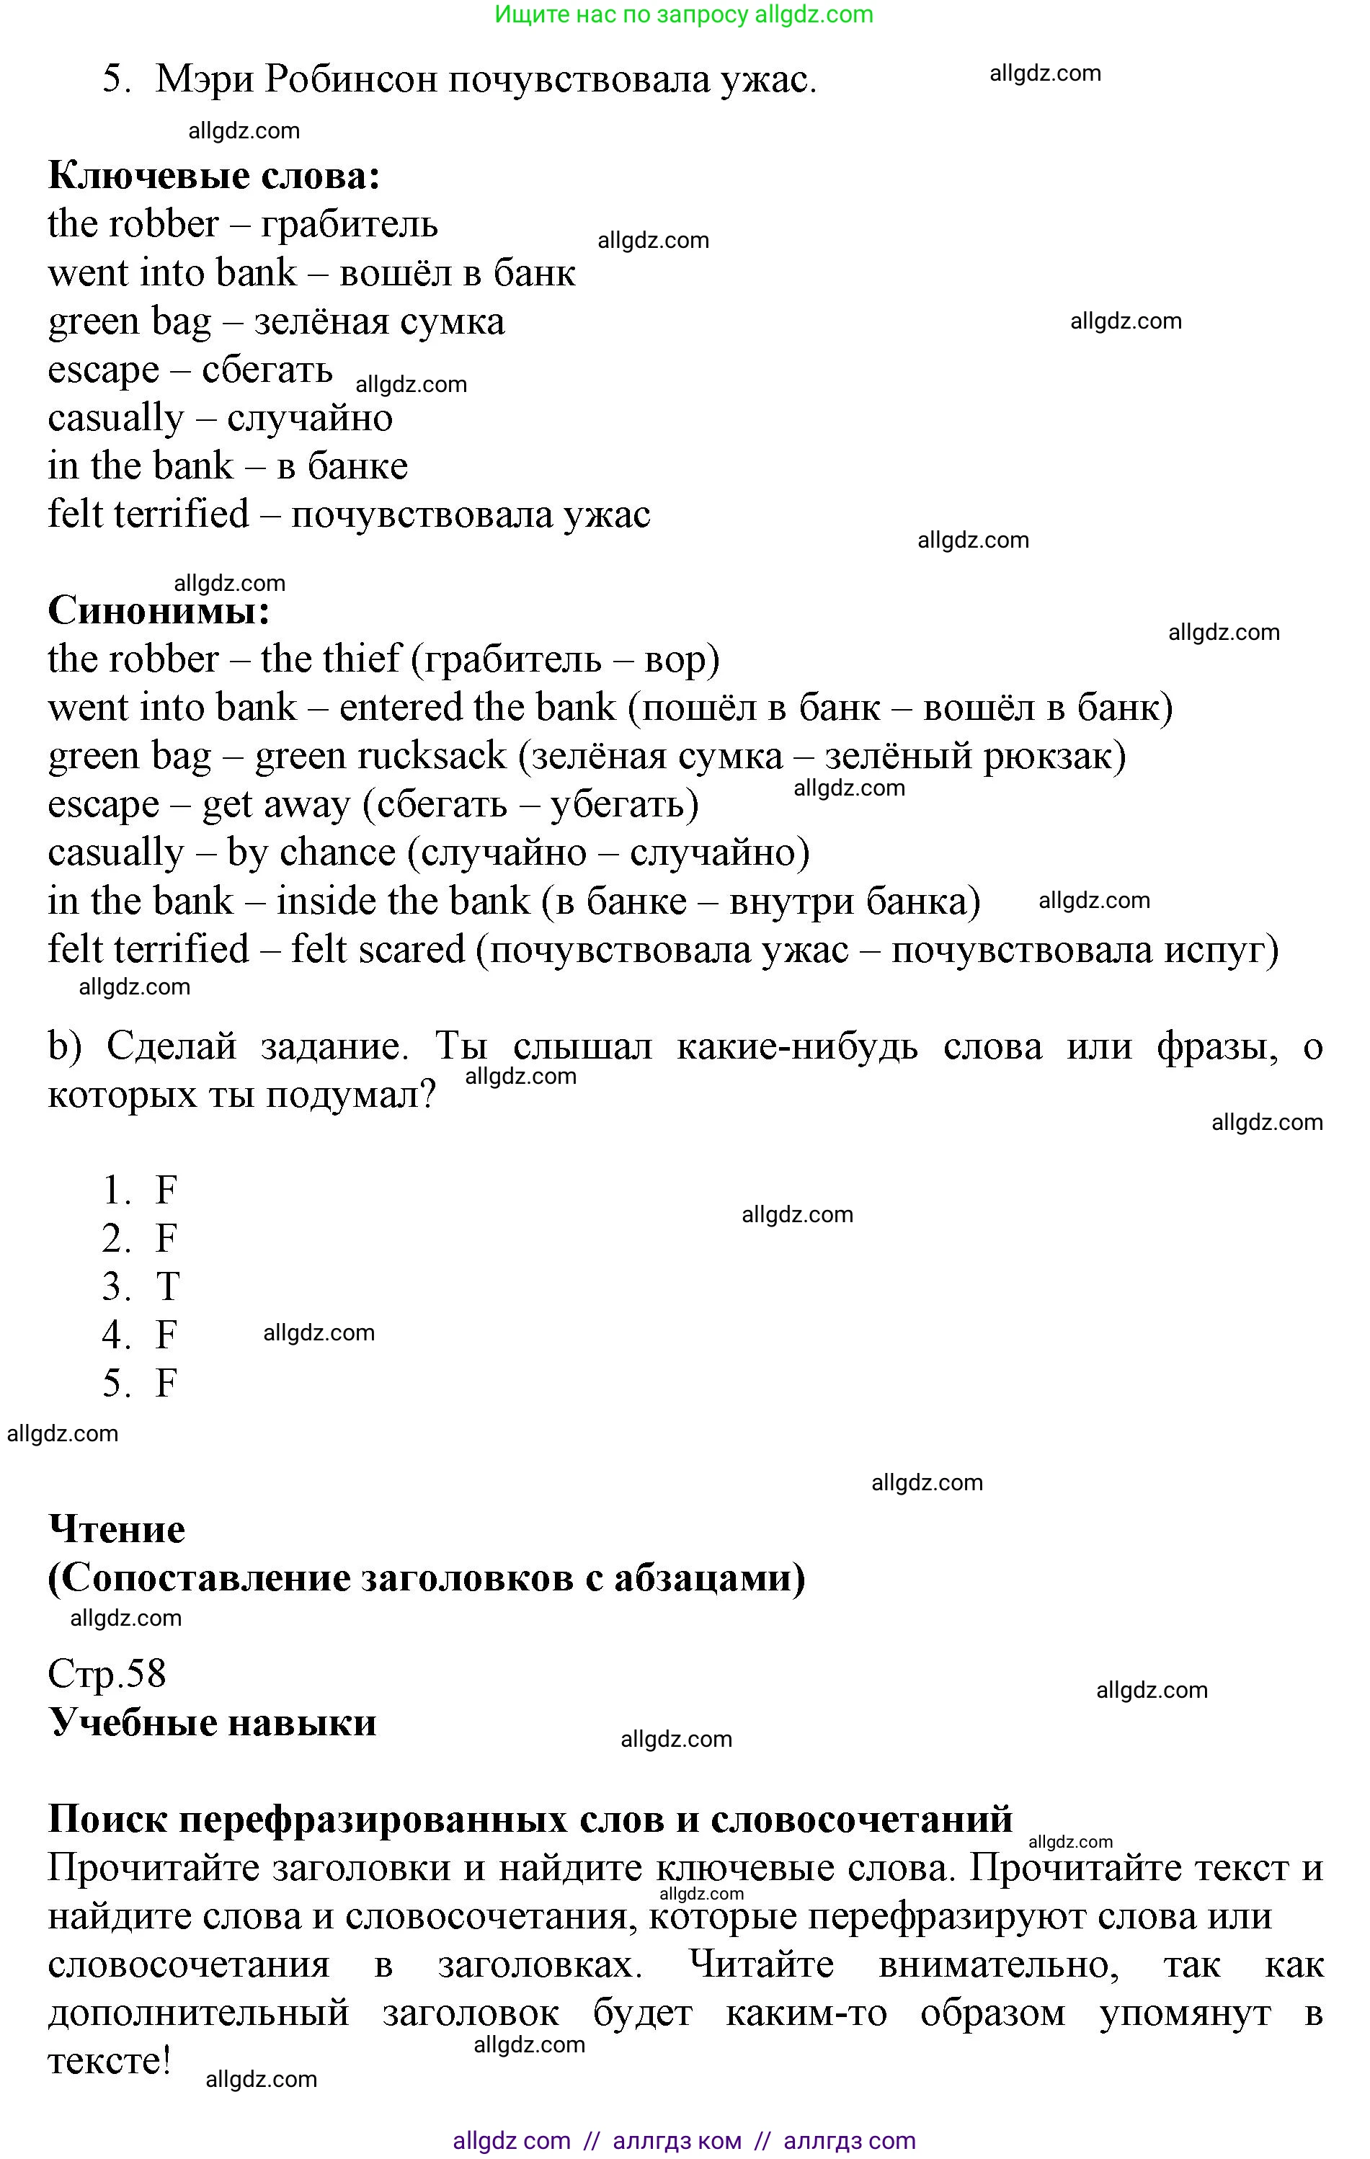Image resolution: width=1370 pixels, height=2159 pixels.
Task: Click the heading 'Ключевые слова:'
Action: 213,176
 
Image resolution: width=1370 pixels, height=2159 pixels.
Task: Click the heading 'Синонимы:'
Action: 159,612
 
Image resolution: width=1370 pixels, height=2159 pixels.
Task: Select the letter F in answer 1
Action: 166,1190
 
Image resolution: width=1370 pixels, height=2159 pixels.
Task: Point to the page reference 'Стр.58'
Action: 107,1673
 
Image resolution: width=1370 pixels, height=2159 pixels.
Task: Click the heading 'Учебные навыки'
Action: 213,1722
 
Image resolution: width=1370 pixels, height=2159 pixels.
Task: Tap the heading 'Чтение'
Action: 117,1530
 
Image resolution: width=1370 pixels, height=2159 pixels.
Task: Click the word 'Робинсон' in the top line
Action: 350,80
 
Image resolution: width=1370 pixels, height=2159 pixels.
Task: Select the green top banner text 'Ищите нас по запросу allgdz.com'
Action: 683,14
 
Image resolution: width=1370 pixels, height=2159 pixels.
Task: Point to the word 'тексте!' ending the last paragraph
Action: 109,2061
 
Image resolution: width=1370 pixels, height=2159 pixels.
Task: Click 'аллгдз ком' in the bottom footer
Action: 677,2141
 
